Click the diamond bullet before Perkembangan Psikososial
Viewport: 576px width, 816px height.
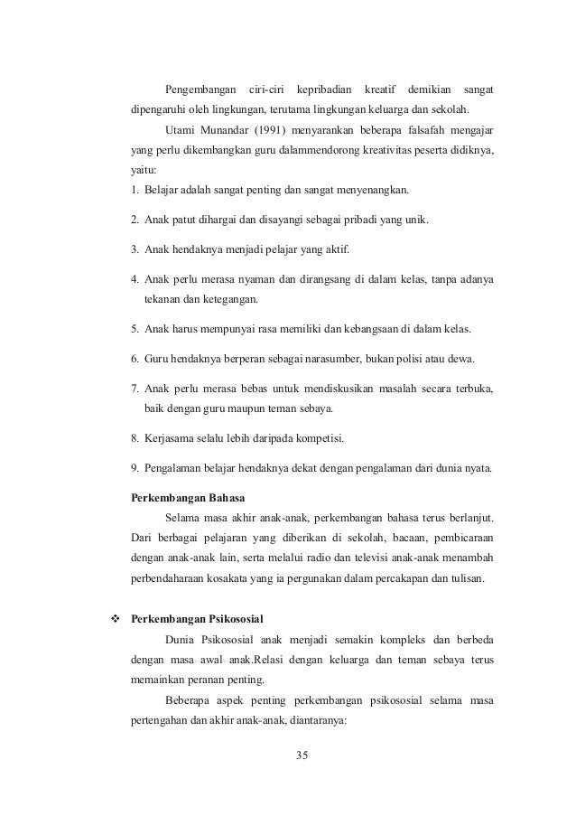[x=115, y=619]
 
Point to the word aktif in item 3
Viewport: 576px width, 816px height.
[x=334, y=248]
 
